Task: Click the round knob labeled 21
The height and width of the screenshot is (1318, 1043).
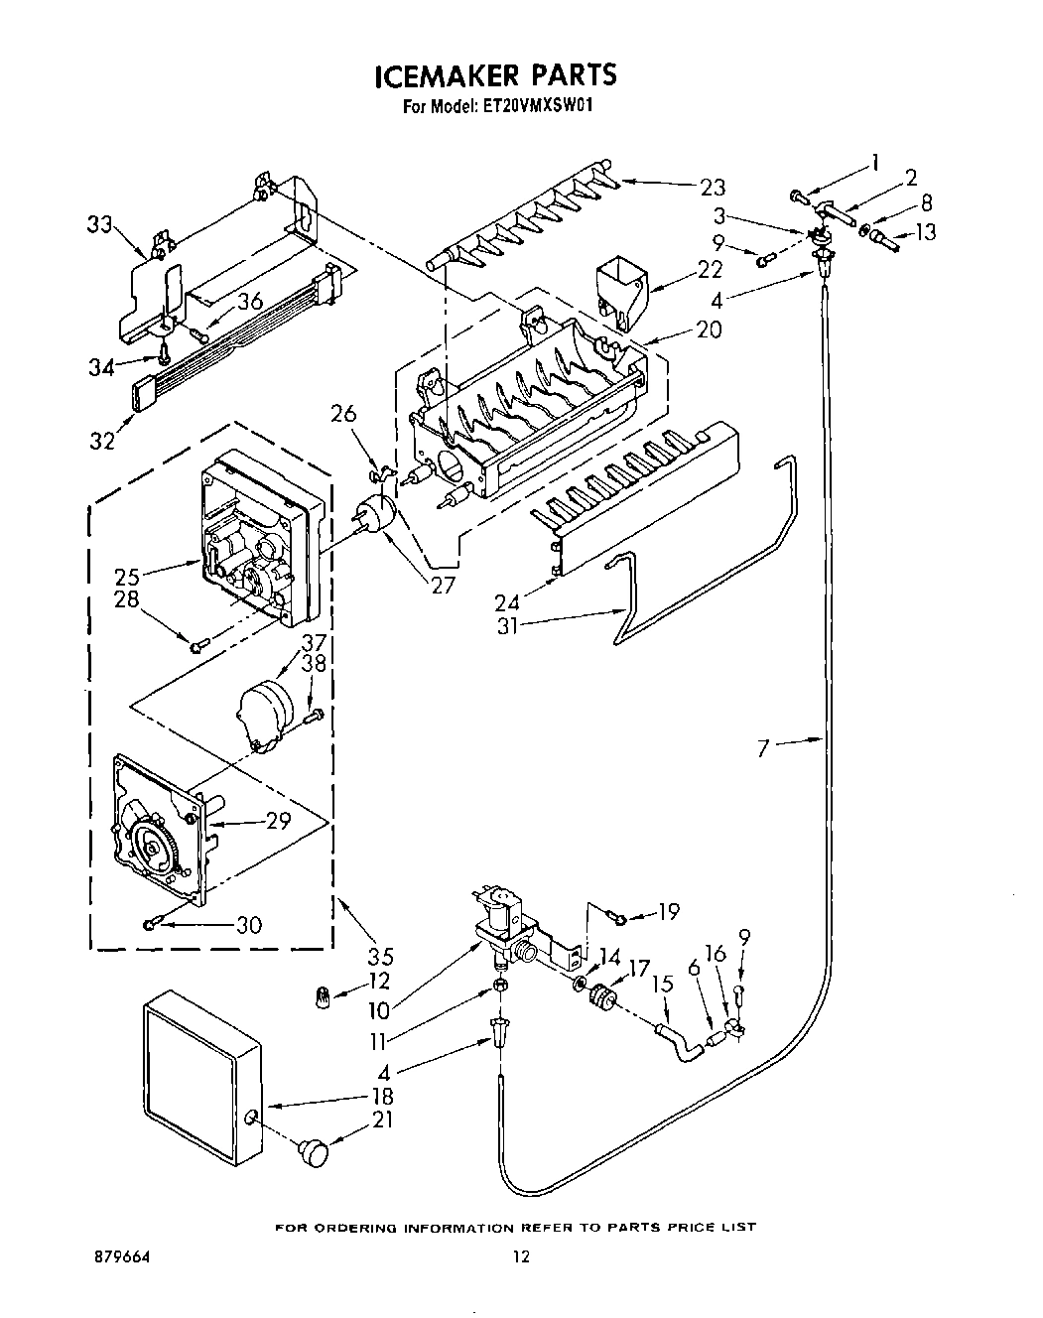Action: tap(313, 1151)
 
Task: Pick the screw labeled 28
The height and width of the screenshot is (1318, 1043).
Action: tap(197, 647)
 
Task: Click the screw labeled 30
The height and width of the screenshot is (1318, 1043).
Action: tap(151, 924)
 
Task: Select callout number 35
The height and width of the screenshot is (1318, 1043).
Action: tap(380, 957)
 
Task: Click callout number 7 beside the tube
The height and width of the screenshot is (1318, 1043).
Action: tap(762, 747)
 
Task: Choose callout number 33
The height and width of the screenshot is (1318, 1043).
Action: tap(98, 225)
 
